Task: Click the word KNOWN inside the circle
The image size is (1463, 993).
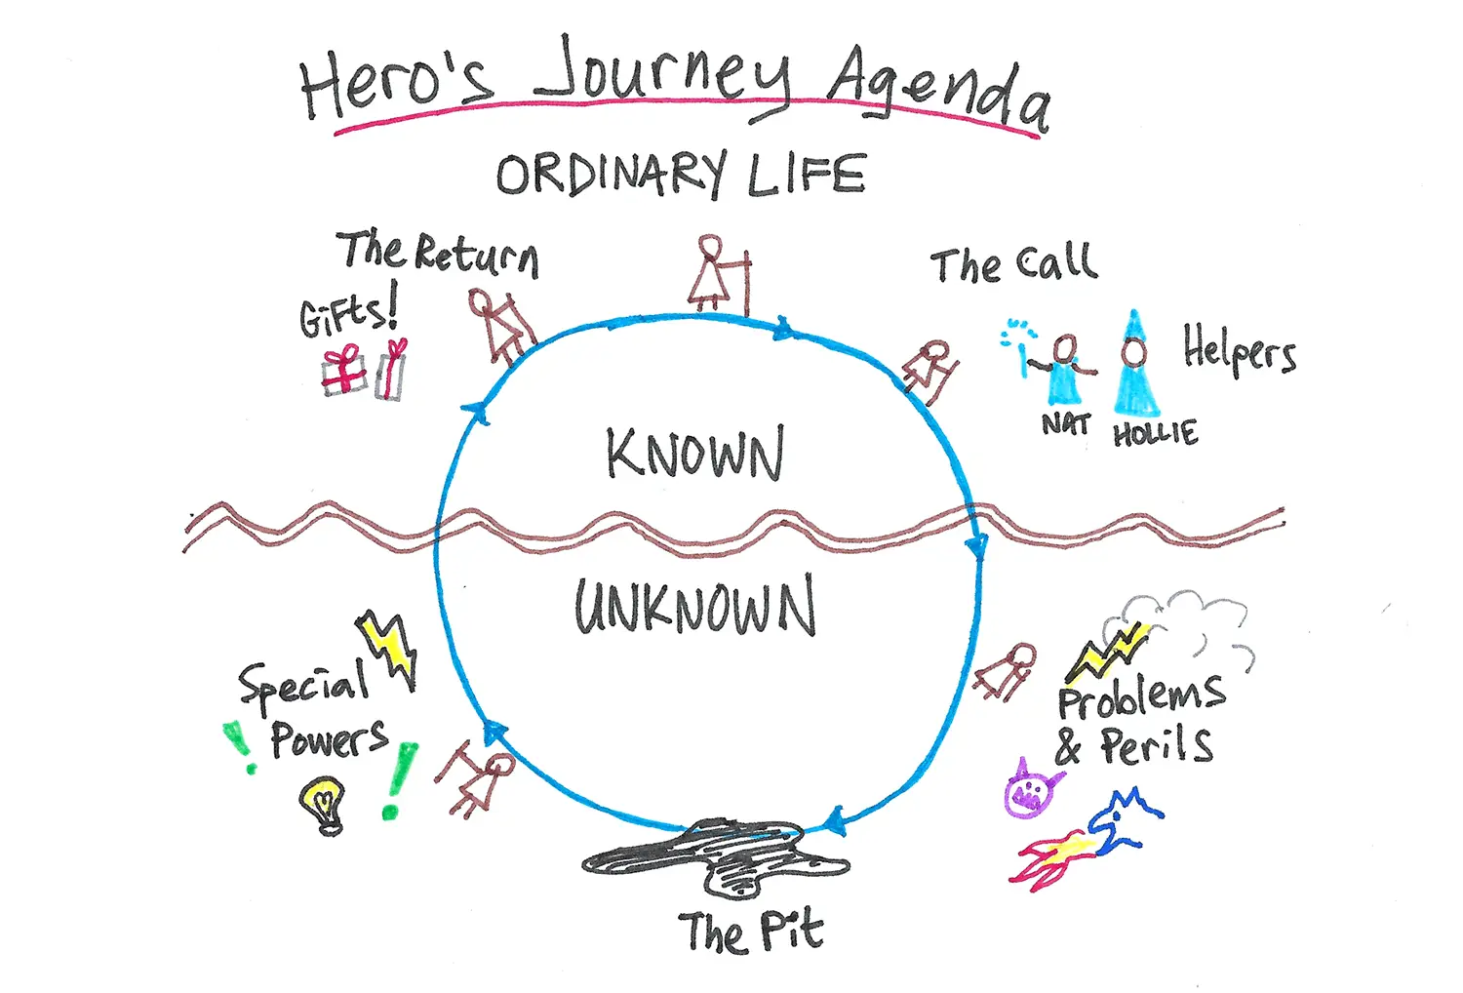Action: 694,454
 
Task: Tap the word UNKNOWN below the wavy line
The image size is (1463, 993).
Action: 694,606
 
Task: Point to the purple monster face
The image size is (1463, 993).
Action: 1031,788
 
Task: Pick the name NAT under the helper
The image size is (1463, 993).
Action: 1065,424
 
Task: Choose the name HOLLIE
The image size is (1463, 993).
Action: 1155,433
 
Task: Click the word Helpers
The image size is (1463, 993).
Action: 1240,349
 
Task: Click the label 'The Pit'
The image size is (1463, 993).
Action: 751,932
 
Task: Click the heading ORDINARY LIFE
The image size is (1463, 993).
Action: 681,176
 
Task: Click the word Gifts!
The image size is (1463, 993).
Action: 348,312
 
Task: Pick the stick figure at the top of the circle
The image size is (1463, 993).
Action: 717,273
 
